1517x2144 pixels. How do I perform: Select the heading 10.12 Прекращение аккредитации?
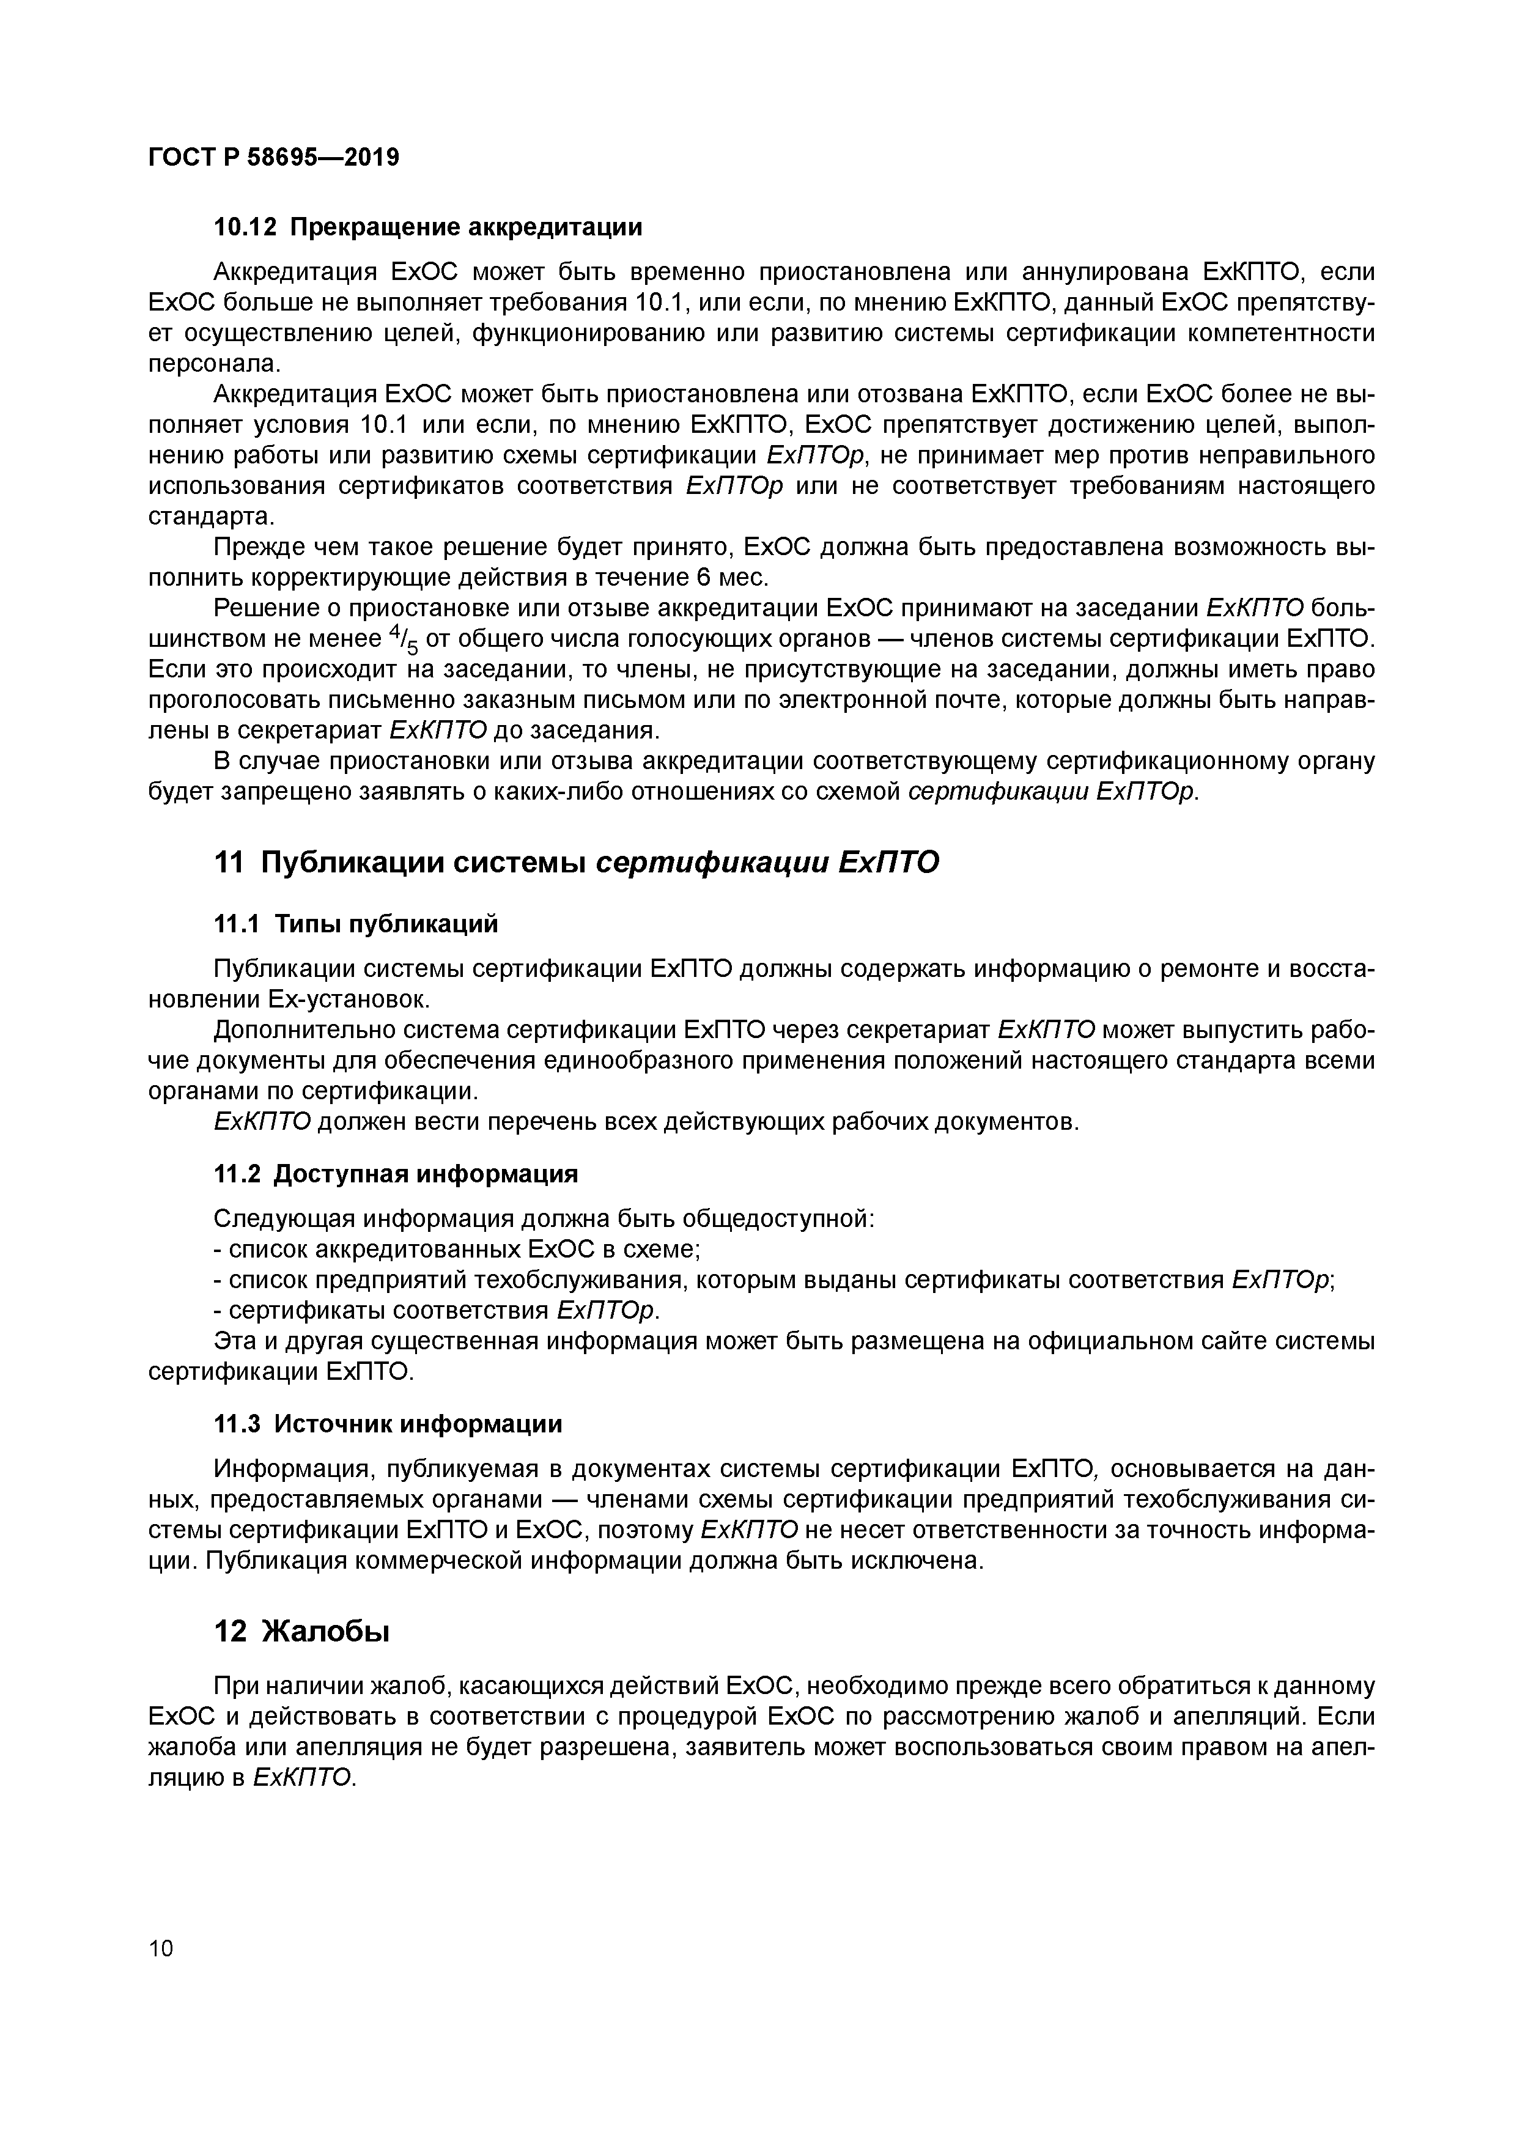click(x=428, y=227)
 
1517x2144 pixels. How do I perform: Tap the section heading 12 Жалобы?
click(x=301, y=1631)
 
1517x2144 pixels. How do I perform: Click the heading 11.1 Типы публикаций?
click(x=356, y=924)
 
